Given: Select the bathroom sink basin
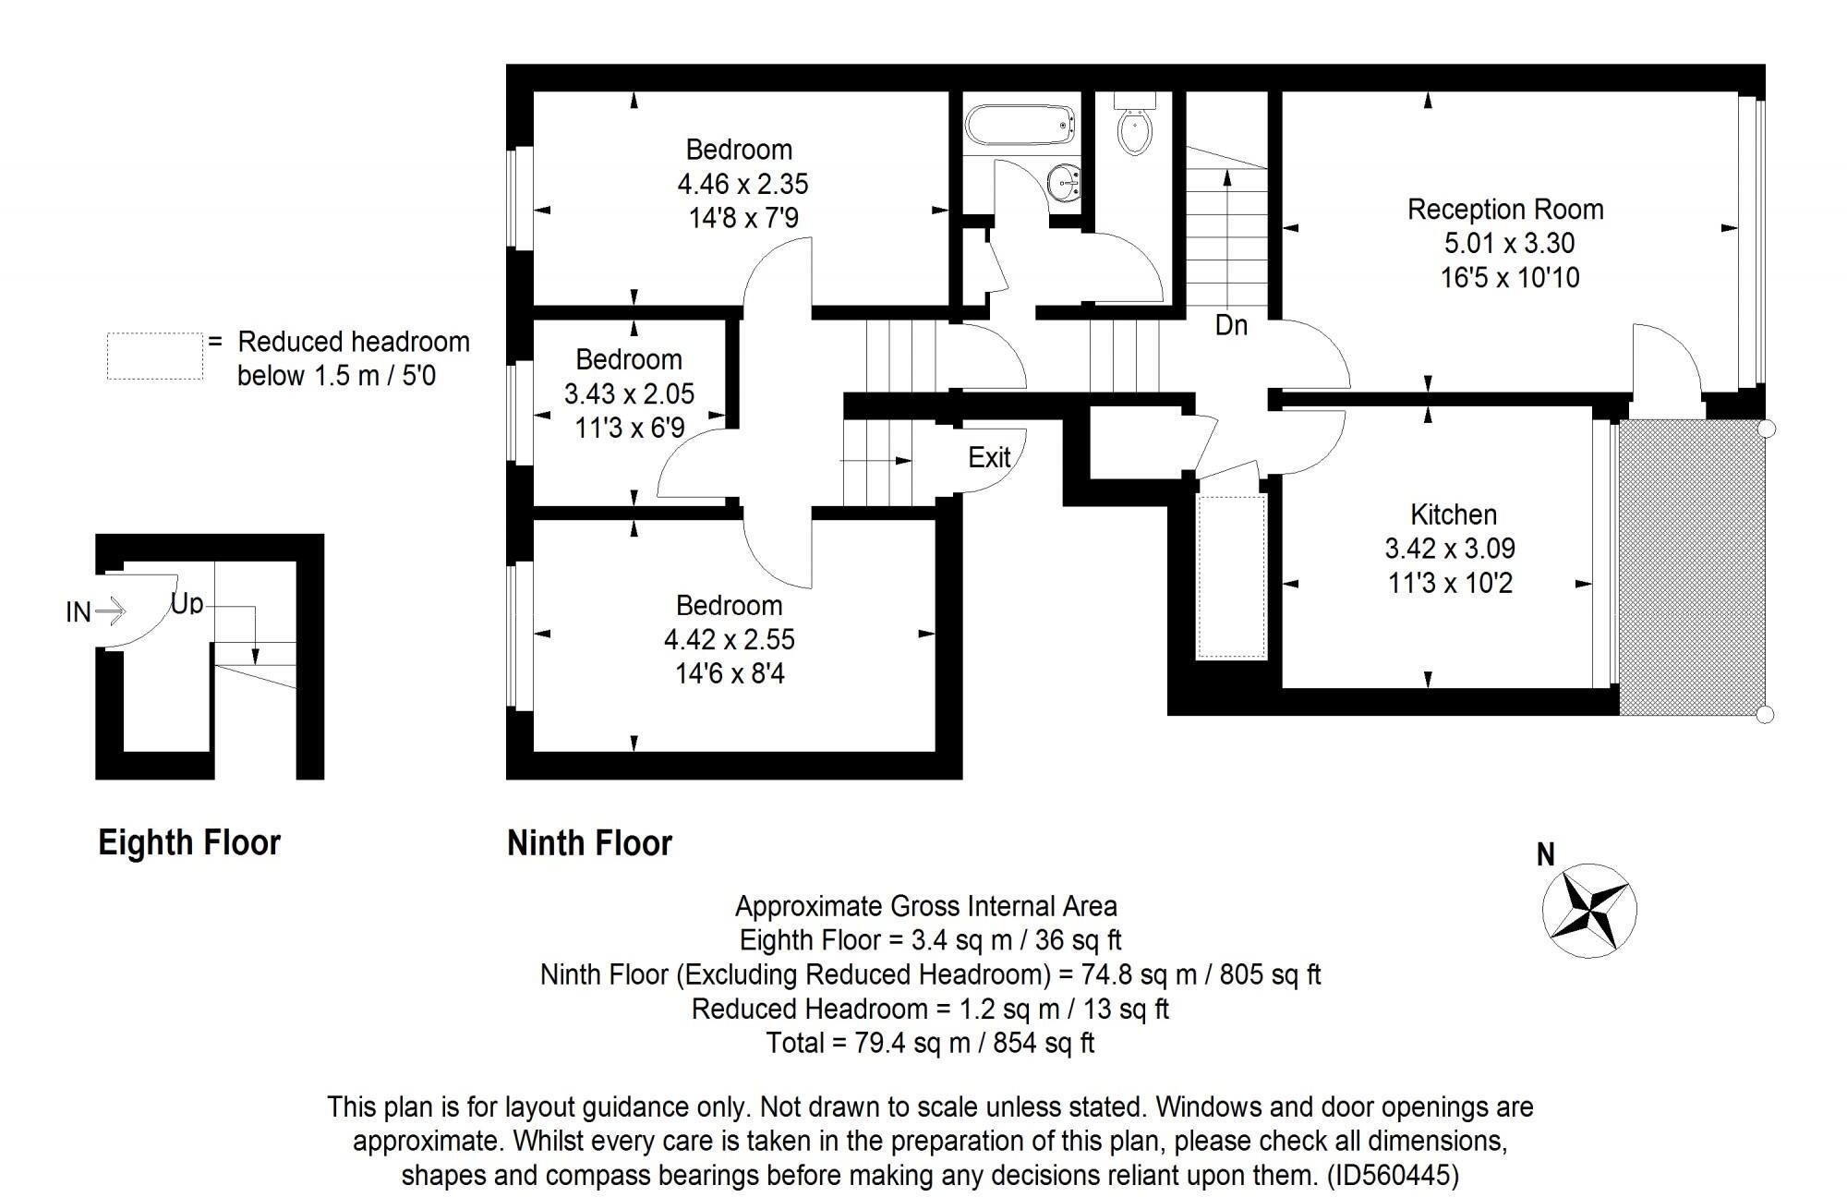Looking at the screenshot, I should [x=1065, y=181].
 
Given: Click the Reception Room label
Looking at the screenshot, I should [x=1505, y=210].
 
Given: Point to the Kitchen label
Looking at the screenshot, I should [x=1454, y=514].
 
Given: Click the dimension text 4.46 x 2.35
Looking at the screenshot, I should [x=742, y=184].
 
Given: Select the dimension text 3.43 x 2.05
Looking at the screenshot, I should [x=629, y=394].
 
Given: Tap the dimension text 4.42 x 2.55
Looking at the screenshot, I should [x=729, y=639].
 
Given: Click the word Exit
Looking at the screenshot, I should [x=989, y=457].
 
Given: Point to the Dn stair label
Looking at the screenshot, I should [x=1231, y=325].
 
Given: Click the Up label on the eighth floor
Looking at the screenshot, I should [x=187, y=604].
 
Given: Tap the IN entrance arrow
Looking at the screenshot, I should [x=109, y=611].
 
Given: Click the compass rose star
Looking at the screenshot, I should [x=1589, y=911].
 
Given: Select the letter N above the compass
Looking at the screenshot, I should [x=1546, y=855].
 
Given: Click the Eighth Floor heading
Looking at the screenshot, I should [x=189, y=842].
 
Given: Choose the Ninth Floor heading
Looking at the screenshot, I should [x=589, y=842].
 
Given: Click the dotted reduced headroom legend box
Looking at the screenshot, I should [x=154, y=356].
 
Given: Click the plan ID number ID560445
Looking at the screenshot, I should [x=1393, y=1175].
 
